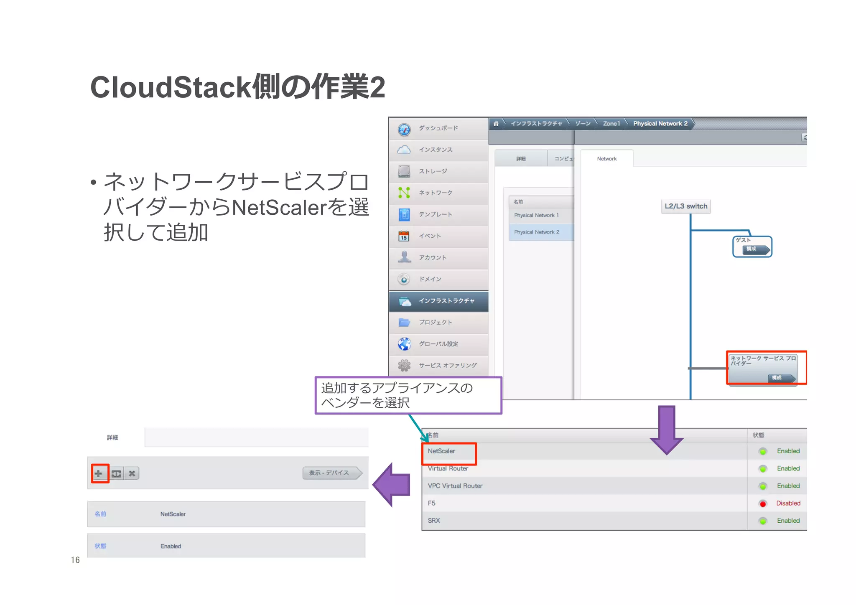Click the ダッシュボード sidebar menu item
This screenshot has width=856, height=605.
tap(438, 128)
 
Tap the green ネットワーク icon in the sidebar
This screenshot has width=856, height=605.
tap(404, 193)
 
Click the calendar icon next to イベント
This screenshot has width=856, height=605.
tap(404, 236)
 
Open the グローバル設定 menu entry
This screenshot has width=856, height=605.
tap(438, 344)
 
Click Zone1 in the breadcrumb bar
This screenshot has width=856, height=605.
tap(611, 124)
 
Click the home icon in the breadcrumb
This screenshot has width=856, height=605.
tap(496, 124)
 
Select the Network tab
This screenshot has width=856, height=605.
tap(606, 159)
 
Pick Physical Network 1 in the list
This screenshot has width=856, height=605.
tap(536, 215)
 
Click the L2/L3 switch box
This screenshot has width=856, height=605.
tap(686, 206)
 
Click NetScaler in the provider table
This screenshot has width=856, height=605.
tap(441, 451)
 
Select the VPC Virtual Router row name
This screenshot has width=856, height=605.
tap(455, 486)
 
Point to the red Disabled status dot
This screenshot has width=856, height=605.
tap(763, 504)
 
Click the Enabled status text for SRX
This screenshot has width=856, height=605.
tap(788, 521)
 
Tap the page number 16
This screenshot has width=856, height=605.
tap(75, 560)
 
